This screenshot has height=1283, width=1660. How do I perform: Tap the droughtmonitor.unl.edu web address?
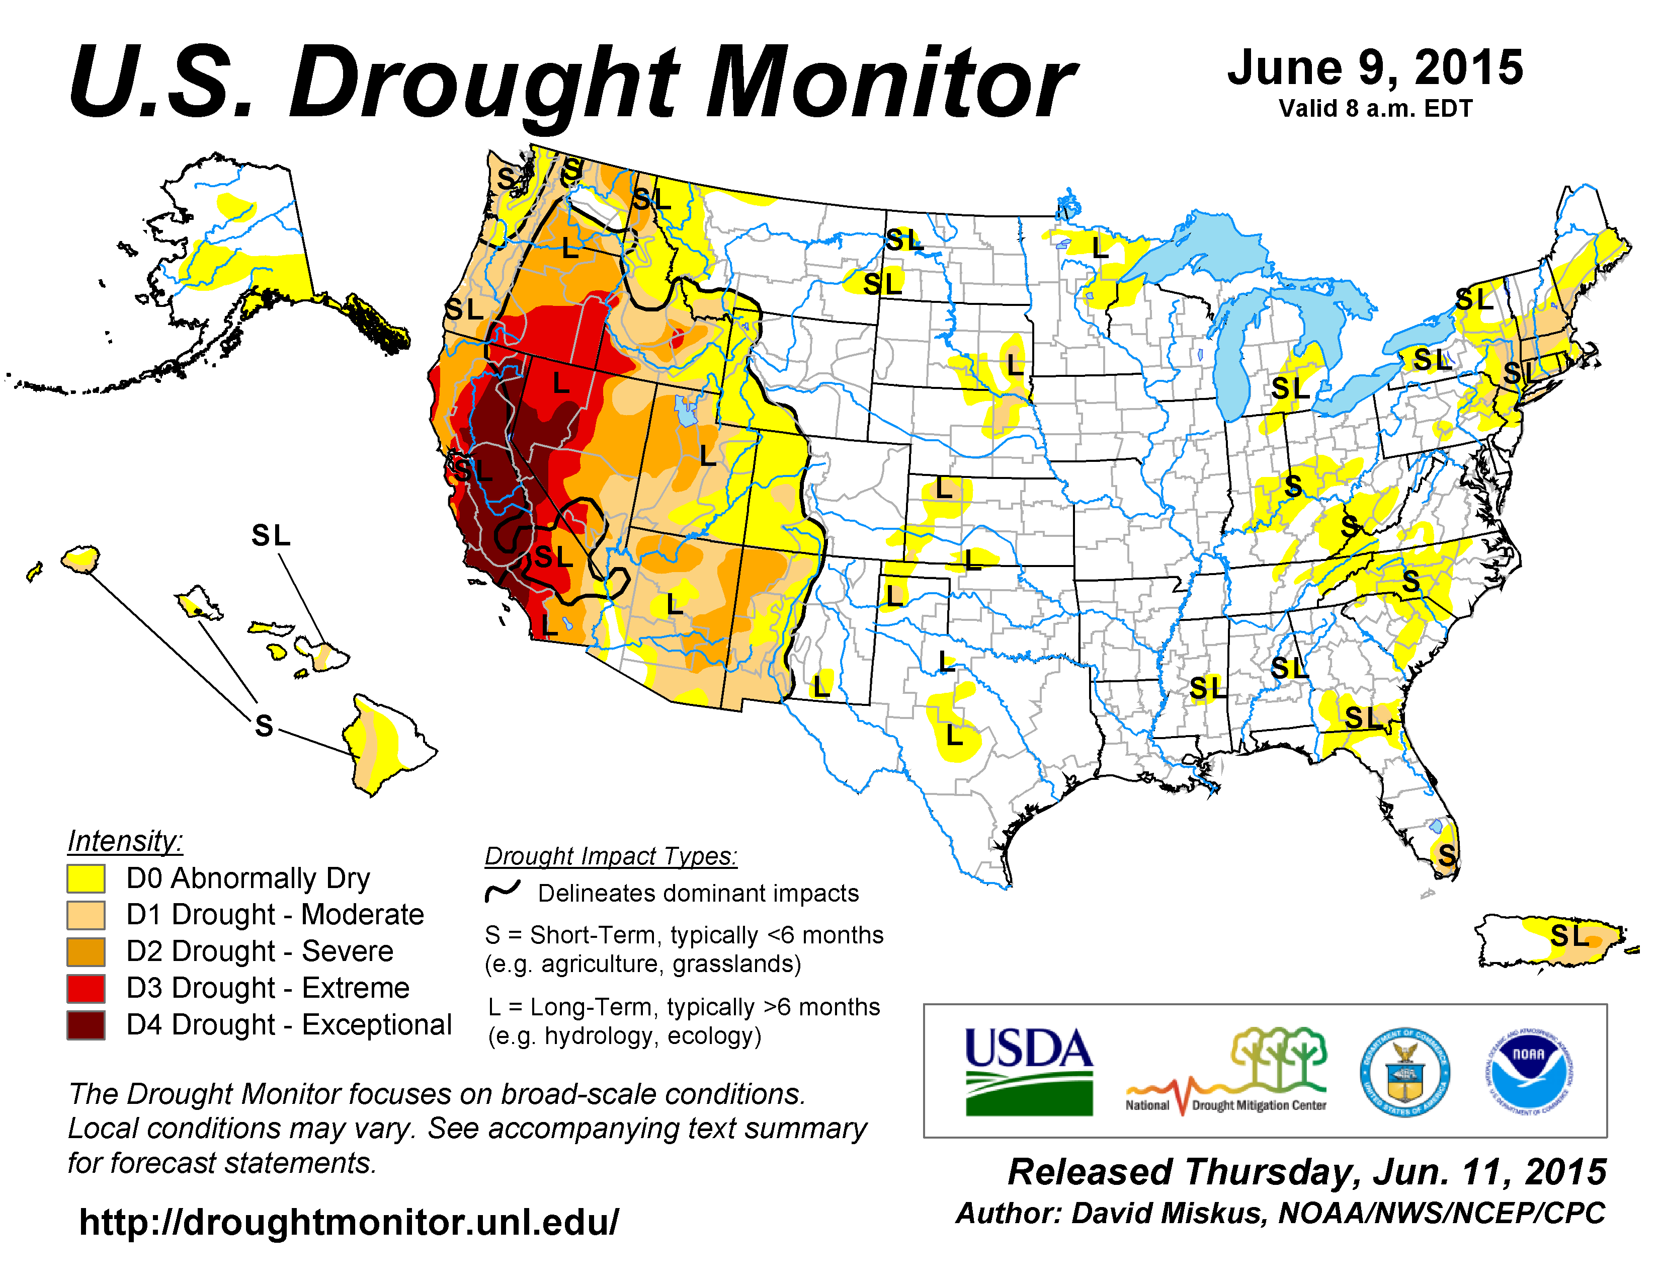[x=349, y=1222]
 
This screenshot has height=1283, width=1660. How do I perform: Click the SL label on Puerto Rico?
[x=1569, y=936]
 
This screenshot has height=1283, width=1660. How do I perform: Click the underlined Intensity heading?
[x=125, y=841]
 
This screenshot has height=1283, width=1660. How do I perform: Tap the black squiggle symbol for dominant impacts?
[x=503, y=891]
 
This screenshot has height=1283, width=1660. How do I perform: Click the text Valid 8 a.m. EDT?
[x=1375, y=109]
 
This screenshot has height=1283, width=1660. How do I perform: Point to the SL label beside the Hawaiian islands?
[x=271, y=536]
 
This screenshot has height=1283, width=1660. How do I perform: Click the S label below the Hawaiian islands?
[x=264, y=726]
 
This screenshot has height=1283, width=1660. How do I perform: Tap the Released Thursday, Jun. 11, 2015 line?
[x=1306, y=1171]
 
